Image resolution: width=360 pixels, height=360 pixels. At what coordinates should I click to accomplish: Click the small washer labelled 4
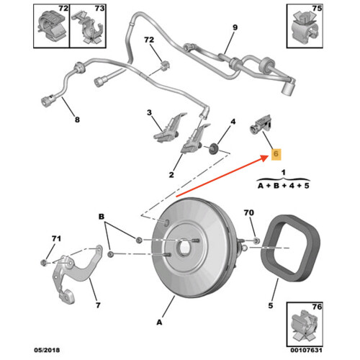click(214, 150)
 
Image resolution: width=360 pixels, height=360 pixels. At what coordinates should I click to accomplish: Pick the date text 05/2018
click(48, 351)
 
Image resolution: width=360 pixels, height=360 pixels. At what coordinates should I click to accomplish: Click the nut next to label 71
click(45, 263)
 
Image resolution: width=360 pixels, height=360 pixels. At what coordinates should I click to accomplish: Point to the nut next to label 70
click(256, 239)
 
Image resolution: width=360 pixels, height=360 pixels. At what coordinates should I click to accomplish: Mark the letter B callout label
click(102, 216)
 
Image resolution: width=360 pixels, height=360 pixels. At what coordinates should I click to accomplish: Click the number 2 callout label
click(171, 175)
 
